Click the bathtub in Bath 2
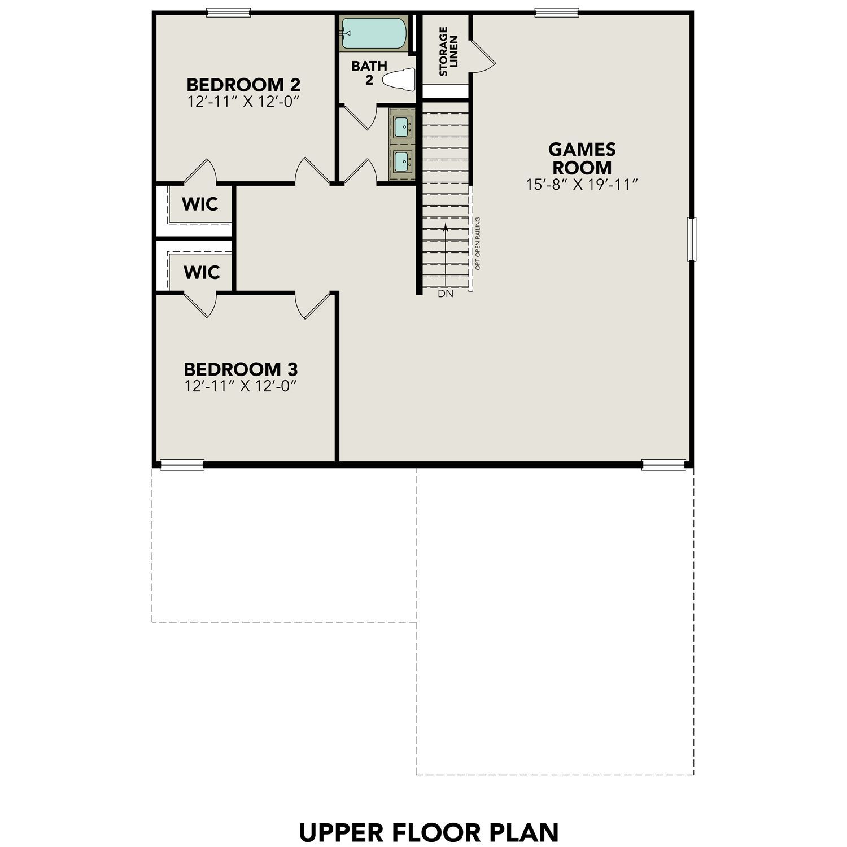pyautogui.click(x=373, y=34)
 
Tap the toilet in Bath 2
pyautogui.click(x=400, y=80)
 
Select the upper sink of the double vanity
pyautogui.click(x=403, y=126)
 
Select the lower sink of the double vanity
pyautogui.click(x=403, y=161)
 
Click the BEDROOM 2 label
pyautogui.click(x=243, y=85)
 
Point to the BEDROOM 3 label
pyautogui.click(x=241, y=369)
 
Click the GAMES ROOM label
pyautogui.click(x=582, y=159)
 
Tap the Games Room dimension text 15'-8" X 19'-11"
pyautogui.click(x=582, y=185)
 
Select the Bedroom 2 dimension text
pyautogui.click(x=243, y=102)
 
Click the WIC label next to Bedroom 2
pyautogui.click(x=200, y=204)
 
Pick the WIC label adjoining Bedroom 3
pyautogui.click(x=202, y=272)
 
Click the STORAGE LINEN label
pyautogui.click(x=448, y=51)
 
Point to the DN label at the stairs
pyautogui.click(x=446, y=294)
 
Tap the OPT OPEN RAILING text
pyautogui.click(x=478, y=243)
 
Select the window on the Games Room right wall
pyautogui.click(x=691, y=239)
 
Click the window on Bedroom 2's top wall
pyautogui.click(x=228, y=12)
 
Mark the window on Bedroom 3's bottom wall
pyautogui.click(x=182, y=465)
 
